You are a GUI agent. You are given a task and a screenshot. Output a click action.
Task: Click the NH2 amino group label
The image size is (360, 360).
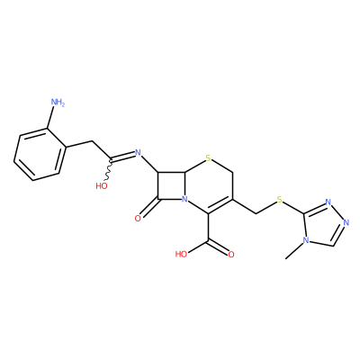(x=58, y=103)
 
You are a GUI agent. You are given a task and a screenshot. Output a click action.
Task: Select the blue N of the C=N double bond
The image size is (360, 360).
(x=138, y=153)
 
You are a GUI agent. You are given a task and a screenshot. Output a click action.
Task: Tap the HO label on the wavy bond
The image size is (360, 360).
(x=102, y=186)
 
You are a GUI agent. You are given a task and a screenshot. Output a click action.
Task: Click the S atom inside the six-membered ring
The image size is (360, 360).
(x=209, y=157)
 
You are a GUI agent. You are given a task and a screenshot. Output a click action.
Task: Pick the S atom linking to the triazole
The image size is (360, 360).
(x=280, y=200)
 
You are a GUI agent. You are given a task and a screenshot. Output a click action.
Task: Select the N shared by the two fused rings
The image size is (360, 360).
(x=184, y=199)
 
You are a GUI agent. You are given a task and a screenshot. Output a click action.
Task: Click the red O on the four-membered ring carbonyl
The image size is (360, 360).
(x=138, y=219)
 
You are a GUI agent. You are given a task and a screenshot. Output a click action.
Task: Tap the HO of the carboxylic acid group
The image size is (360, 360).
(x=181, y=255)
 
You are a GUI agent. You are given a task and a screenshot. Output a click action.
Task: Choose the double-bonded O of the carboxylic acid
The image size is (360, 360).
(x=231, y=255)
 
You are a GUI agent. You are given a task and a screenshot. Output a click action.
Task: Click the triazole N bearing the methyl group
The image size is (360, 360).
(x=306, y=240)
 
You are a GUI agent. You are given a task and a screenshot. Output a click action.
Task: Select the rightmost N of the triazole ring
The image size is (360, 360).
(x=346, y=223)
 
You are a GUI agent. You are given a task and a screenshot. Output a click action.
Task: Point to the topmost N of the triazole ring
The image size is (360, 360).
(x=328, y=202)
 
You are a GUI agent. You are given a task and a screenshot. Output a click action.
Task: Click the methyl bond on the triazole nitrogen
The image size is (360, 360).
(x=294, y=251)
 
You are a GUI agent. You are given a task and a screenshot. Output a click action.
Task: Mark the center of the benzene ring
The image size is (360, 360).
(x=40, y=155)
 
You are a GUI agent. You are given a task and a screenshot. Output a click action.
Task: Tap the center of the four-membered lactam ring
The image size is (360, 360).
(x=172, y=185)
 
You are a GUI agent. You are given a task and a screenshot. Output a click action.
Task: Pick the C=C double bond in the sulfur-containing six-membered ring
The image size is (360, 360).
(x=220, y=206)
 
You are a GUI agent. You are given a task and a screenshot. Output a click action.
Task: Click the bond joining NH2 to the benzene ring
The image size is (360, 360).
(x=50, y=118)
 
